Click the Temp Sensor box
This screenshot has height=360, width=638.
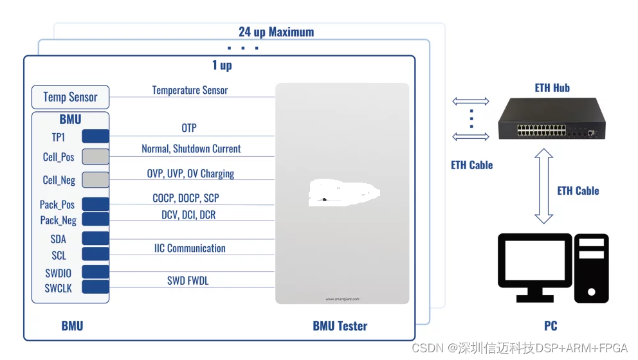[x=70, y=97]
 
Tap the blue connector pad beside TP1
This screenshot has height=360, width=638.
[x=95, y=136]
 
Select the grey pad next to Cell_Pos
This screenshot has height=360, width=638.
[x=95, y=156]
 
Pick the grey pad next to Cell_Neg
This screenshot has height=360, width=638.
[x=95, y=179]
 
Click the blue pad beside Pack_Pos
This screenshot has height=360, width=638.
[x=95, y=204]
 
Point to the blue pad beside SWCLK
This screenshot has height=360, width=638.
[x=95, y=287]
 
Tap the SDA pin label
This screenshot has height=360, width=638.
[x=58, y=239]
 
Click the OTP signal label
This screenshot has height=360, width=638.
[x=188, y=128]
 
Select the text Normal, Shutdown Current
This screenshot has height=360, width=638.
[x=191, y=148]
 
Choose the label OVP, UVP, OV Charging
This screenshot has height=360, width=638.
[x=190, y=174]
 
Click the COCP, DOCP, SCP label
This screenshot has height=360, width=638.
[x=186, y=198]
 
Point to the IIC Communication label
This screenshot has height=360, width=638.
[x=190, y=248]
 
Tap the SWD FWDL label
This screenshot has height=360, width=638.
[x=188, y=280]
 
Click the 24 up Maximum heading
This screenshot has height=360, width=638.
[x=276, y=32]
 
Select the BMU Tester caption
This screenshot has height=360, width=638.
[x=340, y=326]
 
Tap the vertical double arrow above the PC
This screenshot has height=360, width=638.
[x=544, y=186]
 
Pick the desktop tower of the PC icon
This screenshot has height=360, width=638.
[x=592, y=268]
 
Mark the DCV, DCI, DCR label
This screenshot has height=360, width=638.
[x=188, y=215]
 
